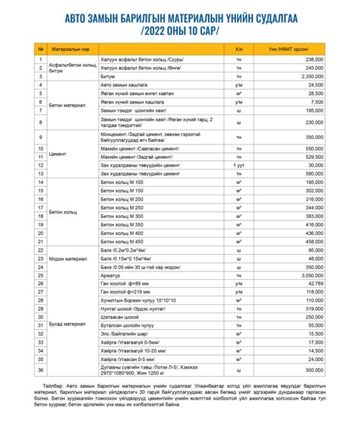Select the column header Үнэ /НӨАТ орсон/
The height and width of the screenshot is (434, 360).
pos(296,49)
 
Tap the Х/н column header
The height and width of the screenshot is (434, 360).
pos(238,49)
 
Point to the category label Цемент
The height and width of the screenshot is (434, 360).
pos(58,153)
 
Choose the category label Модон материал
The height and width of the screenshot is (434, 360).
pos(69,258)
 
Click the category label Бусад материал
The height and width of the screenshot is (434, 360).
pos(68,324)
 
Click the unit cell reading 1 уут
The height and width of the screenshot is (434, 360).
pos(238,164)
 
